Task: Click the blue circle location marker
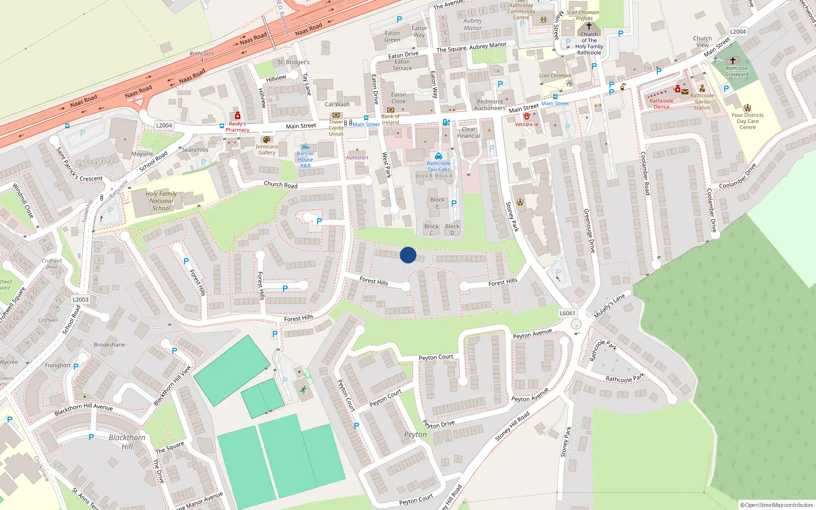[408, 255]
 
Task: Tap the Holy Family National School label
[161, 201]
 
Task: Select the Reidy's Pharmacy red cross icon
[237, 116]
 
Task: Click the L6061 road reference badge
[567, 313]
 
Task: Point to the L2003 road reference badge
[81, 299]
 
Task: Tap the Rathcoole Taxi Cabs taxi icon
[439, 156]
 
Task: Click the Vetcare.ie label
[526, 124]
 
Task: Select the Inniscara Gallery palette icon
[266, 140]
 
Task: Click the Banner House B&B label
[305, 159]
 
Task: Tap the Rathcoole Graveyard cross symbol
[733, 60]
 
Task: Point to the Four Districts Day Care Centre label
[748, 121]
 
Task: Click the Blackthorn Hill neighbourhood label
[127, 442]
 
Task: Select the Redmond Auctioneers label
[490, 105]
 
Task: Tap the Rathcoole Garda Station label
[702, 101]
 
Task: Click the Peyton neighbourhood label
[415, 435]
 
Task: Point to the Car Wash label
[337, 105]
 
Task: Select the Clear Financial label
[469, 133]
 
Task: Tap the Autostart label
[357, 158]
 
